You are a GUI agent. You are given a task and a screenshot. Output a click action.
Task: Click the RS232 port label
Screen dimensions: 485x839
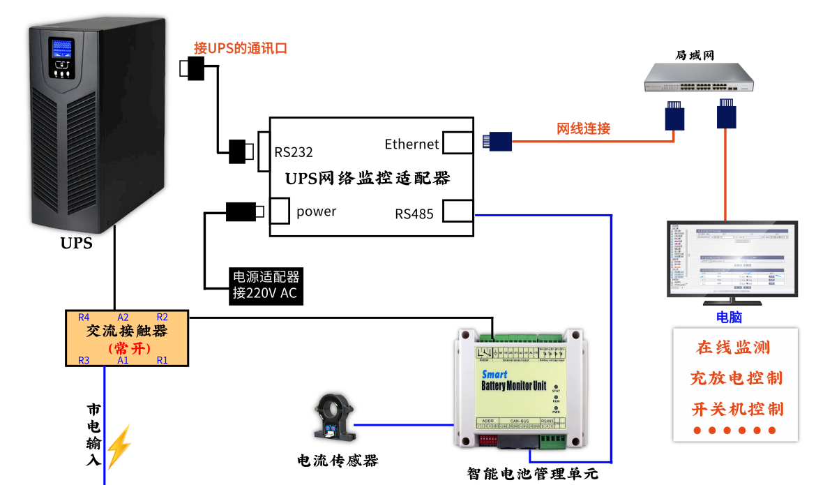pos(294,152)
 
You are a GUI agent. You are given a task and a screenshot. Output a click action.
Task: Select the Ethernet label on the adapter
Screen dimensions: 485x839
pos(411,144)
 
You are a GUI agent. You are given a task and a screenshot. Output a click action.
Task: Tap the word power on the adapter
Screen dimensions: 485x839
pos(316,211)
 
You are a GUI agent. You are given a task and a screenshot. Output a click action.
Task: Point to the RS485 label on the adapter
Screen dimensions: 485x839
pos(414,214)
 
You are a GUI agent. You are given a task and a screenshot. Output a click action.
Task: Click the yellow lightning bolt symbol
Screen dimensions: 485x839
pos(118,447)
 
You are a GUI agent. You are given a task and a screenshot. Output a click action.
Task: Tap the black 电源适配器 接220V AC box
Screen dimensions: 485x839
pos(265,285)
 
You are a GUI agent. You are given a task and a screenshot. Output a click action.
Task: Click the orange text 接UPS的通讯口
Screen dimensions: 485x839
pos(241,48)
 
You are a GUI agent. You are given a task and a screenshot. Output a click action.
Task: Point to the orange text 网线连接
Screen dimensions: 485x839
pos(583,128)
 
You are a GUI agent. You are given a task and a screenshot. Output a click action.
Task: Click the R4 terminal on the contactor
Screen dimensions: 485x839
pos(84,316)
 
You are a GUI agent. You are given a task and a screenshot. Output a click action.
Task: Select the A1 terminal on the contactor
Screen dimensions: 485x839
pos(123,360)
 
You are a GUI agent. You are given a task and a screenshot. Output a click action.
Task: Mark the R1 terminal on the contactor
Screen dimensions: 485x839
pos(162,360)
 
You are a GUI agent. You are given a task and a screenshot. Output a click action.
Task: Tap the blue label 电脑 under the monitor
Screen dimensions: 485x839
pos(729,318)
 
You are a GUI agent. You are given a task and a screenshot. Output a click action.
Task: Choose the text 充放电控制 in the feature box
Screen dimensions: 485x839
pos(736,378)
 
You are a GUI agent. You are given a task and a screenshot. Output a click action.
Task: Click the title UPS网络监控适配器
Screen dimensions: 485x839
pos(368,178)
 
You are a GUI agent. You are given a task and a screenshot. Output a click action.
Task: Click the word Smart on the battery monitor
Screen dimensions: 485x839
pos(494,374)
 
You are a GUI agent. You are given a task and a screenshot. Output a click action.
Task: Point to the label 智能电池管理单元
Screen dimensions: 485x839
pos(533,474)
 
